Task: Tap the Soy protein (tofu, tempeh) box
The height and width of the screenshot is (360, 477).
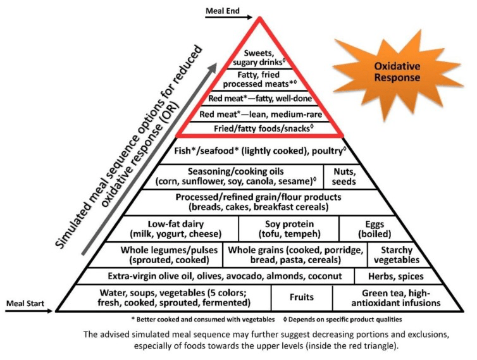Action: click(x=288, y=227)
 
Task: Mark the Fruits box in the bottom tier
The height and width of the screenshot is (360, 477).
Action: click(x=301, y=297)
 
